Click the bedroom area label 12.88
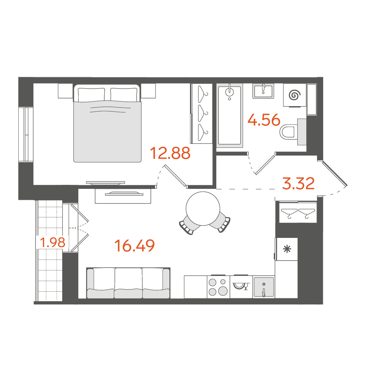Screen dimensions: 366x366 pos(170,153)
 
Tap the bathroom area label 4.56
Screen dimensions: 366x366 pos(264,120)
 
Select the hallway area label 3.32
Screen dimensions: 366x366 pos(298,183)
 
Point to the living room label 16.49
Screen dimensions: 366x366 pos(135,246)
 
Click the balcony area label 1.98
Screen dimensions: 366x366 pos(53,242)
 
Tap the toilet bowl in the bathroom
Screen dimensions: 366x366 pos(289,132)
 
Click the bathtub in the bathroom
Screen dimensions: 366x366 pos(229,116)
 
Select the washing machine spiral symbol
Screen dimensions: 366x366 pos(294,95)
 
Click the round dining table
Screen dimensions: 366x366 pos(203,209)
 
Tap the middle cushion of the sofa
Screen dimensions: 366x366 pos(128,283)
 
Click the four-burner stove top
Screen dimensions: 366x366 pos(218,287)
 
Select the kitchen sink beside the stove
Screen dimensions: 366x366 pos(264,287)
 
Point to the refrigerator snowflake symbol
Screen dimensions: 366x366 pos(287,249)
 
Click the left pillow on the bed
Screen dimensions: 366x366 pos(91,94)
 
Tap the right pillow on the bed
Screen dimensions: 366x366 pos(124,94)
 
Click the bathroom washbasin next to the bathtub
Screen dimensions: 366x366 pos(263,91)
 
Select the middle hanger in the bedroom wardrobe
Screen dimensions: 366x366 pos(203,113)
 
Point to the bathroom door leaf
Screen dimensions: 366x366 pos(265,165)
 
